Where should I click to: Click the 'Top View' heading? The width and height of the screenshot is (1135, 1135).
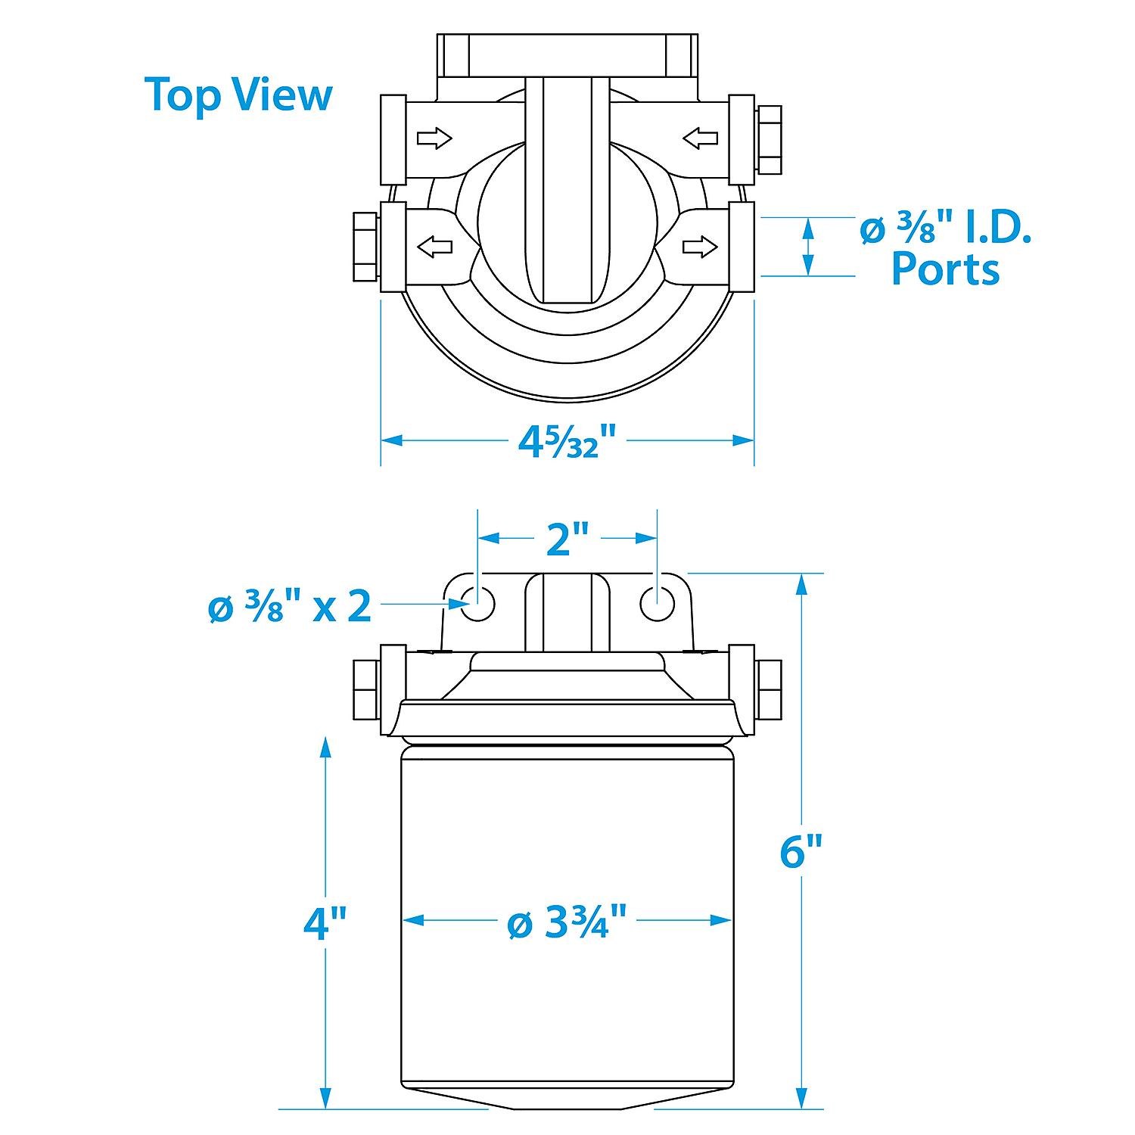point(238,95)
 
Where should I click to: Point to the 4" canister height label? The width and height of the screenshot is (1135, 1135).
point(325,924)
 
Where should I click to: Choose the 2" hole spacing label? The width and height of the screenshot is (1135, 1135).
point(567,539)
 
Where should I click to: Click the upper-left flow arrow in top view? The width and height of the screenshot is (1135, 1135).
point(434,138)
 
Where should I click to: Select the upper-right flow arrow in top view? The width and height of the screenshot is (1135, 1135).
point(700,138)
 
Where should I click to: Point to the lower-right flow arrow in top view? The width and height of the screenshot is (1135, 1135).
point(700,246)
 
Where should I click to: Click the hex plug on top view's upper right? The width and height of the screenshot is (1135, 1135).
point(769,139)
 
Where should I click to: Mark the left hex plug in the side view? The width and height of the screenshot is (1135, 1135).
point(366,689)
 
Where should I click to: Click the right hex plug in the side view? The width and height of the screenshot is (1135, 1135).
point(769,689)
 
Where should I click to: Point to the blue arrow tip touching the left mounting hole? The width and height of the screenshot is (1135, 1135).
point(470,604)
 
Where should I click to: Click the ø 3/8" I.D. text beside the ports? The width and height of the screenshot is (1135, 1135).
point(946,229)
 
